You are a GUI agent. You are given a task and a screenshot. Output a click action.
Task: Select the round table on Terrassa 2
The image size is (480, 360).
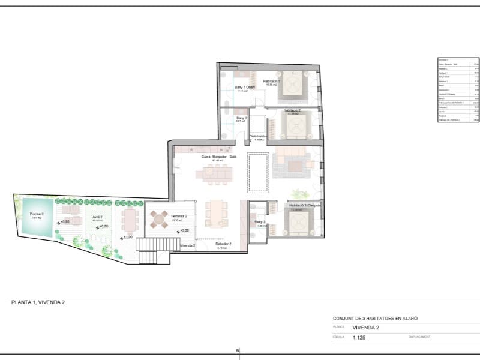(x=160, y=220)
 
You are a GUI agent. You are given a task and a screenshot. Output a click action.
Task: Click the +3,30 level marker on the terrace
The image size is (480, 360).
(x=185, y=230)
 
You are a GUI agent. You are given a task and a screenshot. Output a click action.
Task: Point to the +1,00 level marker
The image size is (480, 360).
(x=128, y=237)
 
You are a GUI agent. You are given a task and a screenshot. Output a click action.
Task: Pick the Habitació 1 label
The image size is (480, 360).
(x=272, y=82)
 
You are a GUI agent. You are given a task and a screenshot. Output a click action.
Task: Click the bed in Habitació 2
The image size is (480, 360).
(x=296, y=125)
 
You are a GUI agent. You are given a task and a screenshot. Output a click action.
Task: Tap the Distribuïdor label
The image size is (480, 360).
(x=259, y=136)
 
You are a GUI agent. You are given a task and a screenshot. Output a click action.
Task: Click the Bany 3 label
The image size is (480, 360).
(x=260, y=222)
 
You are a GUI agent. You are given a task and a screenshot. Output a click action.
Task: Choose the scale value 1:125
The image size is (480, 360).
(x=359, y=338)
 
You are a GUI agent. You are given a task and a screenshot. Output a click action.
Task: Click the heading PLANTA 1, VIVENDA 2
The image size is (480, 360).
(x=38, y=303)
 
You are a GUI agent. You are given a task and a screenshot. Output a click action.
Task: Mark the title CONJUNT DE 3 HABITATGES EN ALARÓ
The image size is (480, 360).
(x=375, y=319)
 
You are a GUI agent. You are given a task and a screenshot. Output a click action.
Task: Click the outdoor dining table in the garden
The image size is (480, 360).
(x=130, y=220)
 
